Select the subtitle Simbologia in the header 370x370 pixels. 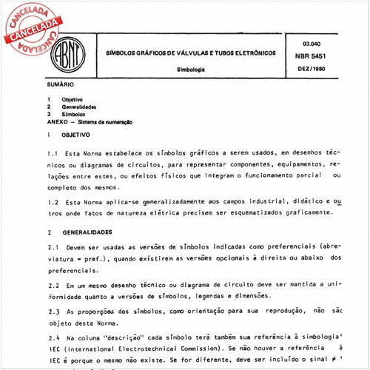[191, 68]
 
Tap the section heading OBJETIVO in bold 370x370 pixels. [75, 135]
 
